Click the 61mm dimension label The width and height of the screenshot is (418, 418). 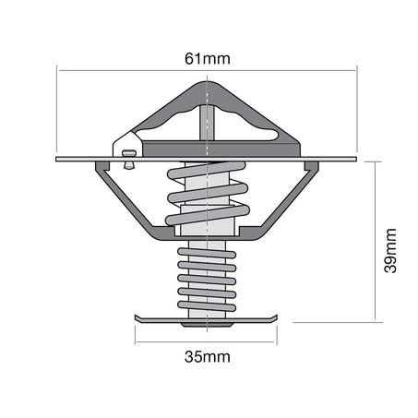click(208, 58)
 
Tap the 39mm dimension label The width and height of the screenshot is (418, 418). click(390, 250)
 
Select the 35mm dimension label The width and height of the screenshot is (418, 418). click(208, 357)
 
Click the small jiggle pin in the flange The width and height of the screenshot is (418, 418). click(129, 159)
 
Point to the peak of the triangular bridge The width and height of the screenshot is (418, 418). click(207, 82)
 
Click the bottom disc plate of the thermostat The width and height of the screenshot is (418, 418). click(206, 319)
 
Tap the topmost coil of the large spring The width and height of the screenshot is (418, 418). click(207, 170)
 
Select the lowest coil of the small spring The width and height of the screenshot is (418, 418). click(207, 305)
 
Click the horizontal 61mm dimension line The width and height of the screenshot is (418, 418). click(208, 71)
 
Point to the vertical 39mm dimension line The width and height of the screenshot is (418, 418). click(376, 242)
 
